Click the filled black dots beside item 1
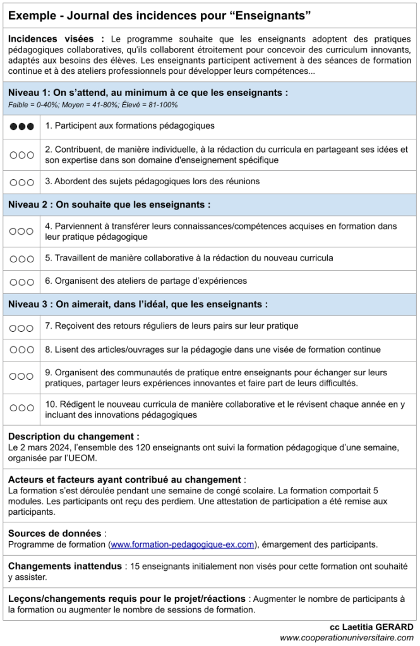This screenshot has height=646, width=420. (21, 126)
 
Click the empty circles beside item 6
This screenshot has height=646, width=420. (21, 281)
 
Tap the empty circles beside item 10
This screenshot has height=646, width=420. (21, 408)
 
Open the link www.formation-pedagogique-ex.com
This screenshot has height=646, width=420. (183, 544)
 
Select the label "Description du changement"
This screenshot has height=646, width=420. (73, 437)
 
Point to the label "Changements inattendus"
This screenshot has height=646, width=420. (64, 567)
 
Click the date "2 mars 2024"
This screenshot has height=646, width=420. (42, 447)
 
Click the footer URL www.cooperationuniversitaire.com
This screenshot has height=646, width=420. (347, 638)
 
